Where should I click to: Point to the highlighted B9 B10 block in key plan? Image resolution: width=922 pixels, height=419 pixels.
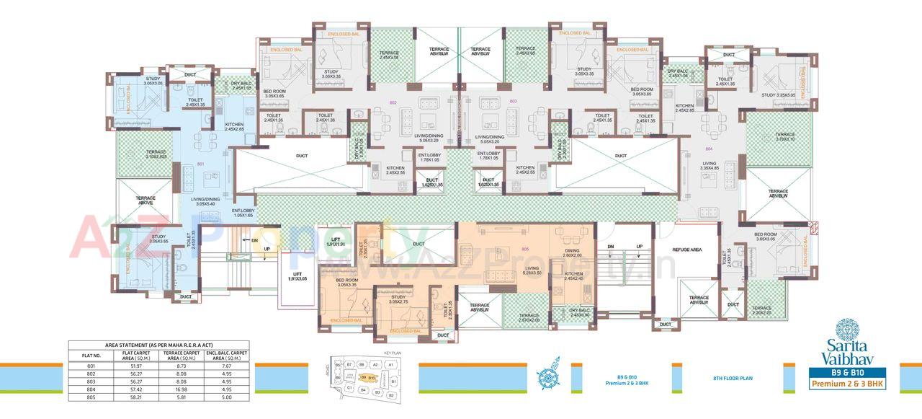coord(368,377)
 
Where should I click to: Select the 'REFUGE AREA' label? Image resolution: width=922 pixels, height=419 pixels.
coord(686,250)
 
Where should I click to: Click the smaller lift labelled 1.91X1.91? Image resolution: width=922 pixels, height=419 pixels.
coord(335,242)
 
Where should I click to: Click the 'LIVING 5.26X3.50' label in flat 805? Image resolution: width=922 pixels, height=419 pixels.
coord(532,270)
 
